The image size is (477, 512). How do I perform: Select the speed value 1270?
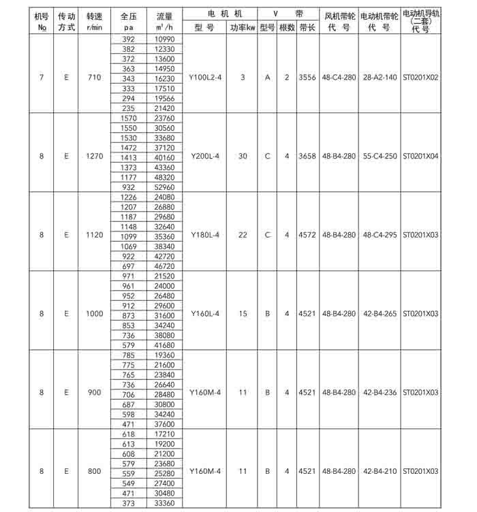coord(95,156)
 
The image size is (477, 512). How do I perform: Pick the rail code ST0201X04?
coord(420,156)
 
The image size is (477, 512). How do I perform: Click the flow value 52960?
coord(164,187)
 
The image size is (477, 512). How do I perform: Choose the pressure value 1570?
coord(128,118)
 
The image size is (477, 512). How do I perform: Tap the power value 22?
coord(243,235)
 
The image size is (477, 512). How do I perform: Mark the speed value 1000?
coord(95,314)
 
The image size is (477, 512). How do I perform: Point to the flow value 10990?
coord(164,39)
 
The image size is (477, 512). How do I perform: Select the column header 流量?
coord(164,14)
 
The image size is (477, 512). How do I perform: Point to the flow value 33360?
coord(164,503)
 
